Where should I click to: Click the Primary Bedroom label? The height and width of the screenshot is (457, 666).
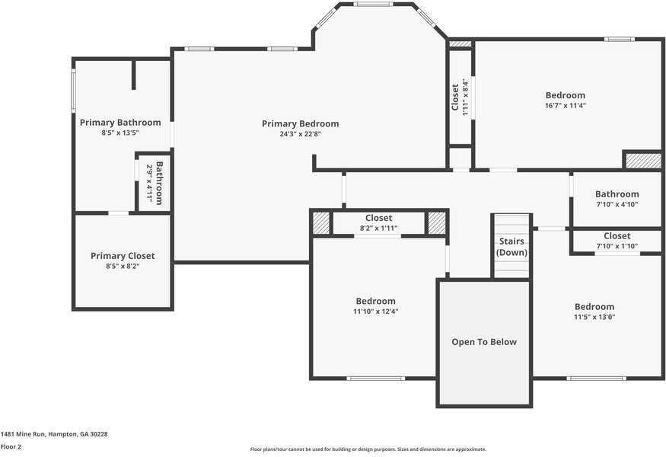(301, 123)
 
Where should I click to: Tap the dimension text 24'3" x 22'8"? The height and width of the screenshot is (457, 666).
(301, 134)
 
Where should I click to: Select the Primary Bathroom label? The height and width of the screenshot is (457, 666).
(120, 123)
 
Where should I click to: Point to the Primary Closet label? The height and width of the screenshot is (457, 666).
(123, 256)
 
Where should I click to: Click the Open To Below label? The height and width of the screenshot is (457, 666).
(484, 342)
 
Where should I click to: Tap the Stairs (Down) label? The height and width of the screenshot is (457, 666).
(511, 247)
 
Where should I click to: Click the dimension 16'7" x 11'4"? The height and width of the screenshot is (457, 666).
(566, 105)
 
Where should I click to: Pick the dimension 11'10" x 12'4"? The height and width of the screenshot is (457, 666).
(376, 312)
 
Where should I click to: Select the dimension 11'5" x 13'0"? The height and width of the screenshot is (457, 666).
(594, 317)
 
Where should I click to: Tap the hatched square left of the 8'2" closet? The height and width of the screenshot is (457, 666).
(321, 222)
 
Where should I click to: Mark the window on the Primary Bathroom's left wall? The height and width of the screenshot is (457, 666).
(74, 91)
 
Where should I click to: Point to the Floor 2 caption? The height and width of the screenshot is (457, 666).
(11, 447)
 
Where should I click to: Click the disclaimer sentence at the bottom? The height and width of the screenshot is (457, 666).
(368, 449)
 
